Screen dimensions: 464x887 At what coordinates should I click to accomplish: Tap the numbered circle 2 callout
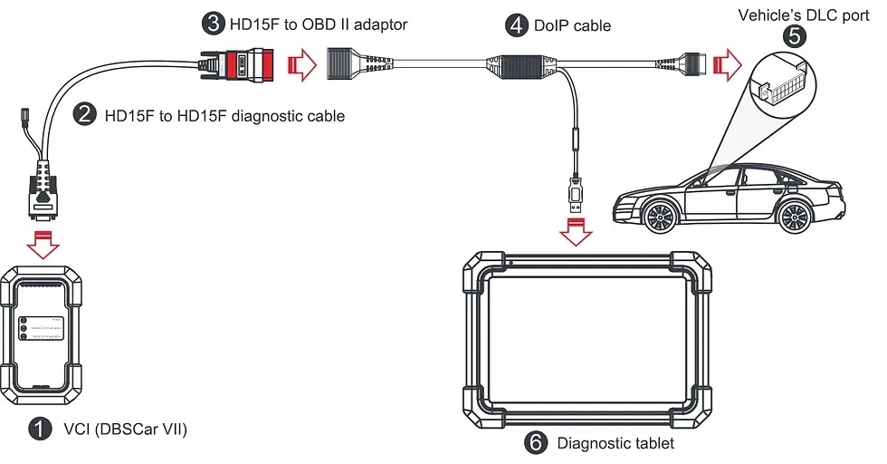click(85, 115)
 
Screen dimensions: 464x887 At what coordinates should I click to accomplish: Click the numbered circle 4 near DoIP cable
click(517, 25)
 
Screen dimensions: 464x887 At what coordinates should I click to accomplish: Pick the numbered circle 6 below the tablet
click(536, 443)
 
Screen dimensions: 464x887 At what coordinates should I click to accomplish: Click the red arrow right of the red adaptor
click(300, 65)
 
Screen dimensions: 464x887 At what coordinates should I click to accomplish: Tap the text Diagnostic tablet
click(615, 443)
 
